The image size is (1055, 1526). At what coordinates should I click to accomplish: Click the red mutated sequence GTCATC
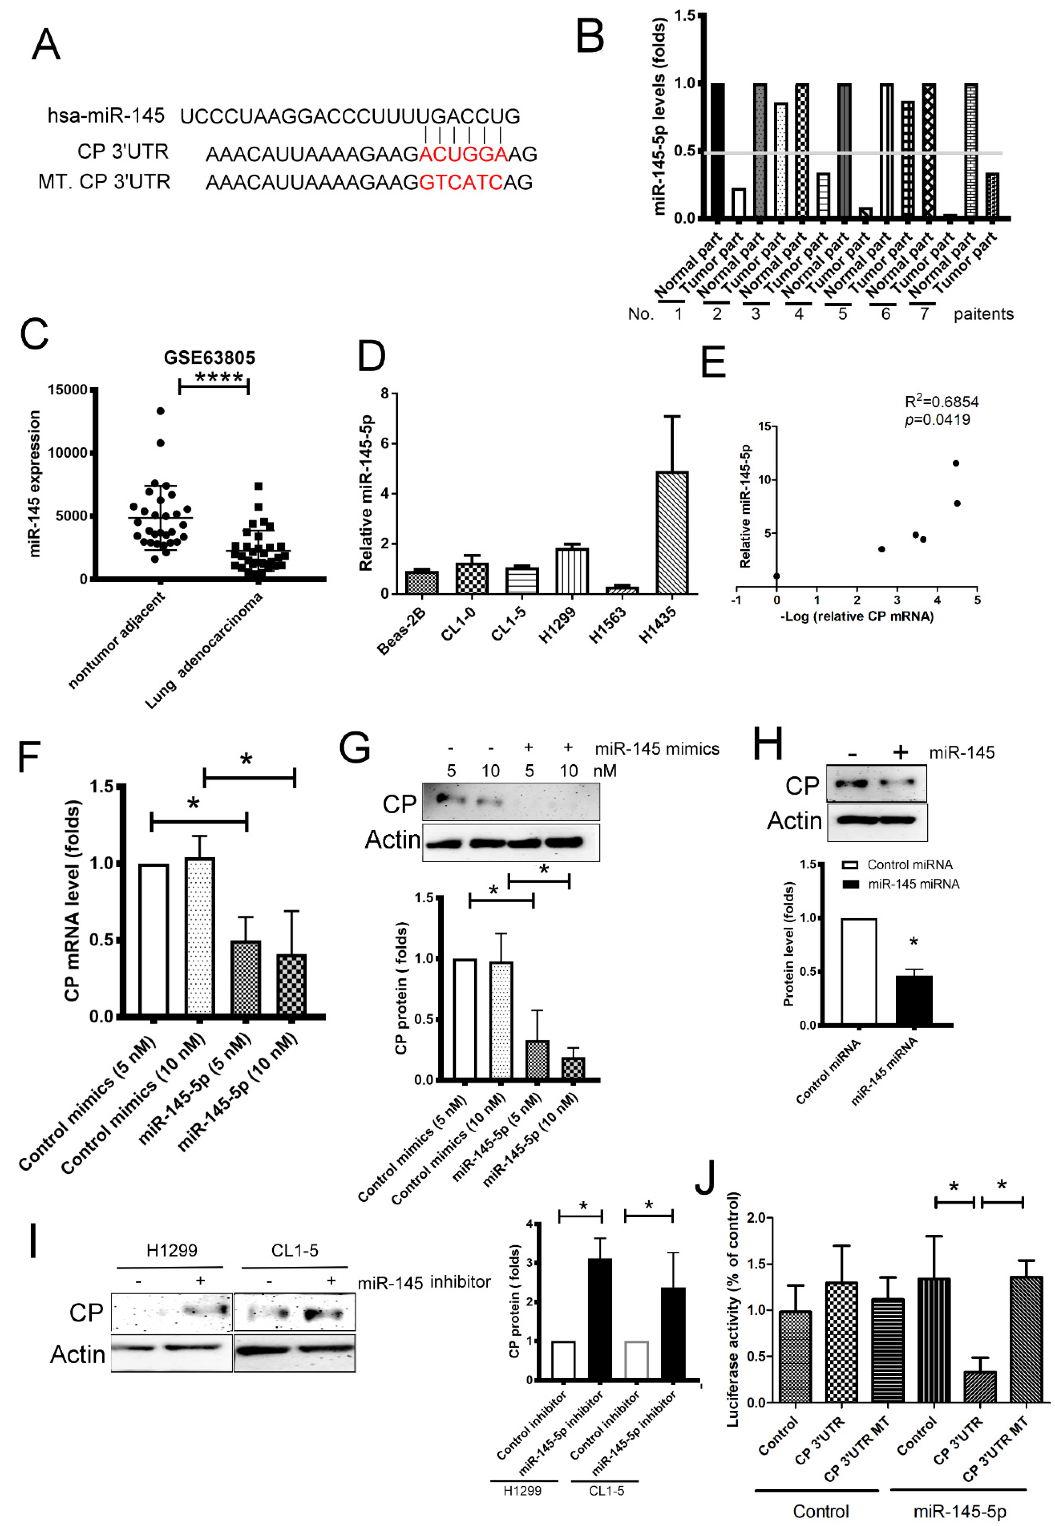(x=461, y=182)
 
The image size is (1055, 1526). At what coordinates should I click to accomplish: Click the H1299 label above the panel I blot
(x=172, y=1250)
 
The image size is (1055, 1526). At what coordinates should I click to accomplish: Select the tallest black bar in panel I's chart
(x=600, y=1319)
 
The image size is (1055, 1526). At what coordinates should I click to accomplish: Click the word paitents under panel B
(x=983, y=315)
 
